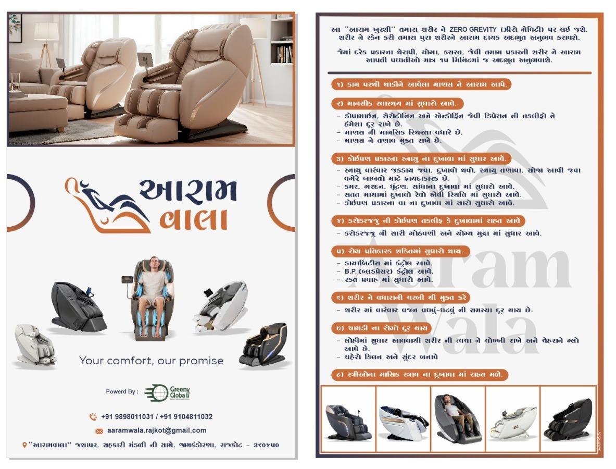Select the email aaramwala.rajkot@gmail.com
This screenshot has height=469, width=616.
point(157,430)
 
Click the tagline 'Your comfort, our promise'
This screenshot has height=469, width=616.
point(151,361)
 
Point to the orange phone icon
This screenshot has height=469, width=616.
point(93,417)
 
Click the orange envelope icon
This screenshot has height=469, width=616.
point(99,431)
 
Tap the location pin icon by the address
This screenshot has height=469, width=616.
point(24,445)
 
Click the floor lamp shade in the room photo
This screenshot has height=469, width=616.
point(46,32)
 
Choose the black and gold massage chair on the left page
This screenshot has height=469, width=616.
point(263,344)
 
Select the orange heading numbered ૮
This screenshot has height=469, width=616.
point(419,375)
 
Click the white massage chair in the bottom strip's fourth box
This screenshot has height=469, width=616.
point(512,422)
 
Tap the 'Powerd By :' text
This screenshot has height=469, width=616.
point(122,392)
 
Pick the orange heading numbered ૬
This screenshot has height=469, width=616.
point(400,298)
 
